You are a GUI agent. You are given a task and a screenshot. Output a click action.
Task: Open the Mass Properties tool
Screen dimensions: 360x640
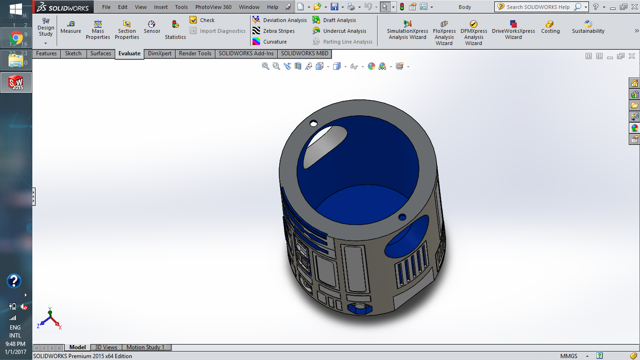[x=97, y=30]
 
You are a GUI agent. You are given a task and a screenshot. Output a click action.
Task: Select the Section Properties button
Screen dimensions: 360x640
[x=127, y=30]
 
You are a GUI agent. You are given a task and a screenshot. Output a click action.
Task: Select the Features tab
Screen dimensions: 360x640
[x=46, y=53]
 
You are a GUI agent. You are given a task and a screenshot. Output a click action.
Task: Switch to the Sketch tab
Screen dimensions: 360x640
[x=73, y=53]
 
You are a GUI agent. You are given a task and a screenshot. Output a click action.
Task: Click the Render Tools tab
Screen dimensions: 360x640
[x=195, y=53]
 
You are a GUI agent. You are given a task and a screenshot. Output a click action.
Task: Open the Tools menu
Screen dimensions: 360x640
[x=181, y=7]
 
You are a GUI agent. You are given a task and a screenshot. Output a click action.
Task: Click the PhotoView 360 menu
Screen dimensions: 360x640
[x=213, y=7]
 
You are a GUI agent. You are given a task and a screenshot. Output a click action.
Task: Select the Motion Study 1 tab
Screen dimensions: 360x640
[x=145, y=347]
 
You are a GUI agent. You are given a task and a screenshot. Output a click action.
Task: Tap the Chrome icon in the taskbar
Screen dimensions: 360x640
[x=16, y=37]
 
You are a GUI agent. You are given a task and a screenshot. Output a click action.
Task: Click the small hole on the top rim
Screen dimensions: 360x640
[x=313, y=124]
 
